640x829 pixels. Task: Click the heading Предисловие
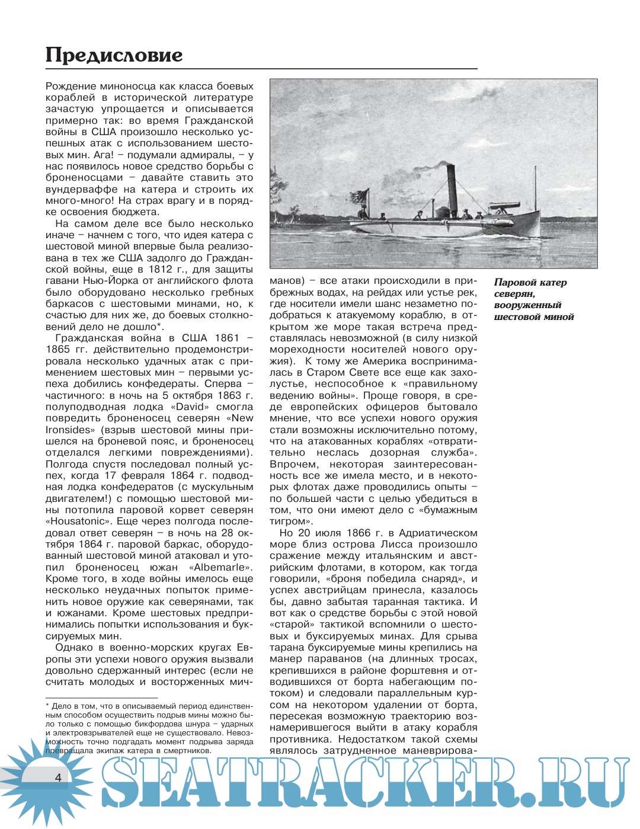(114, 55)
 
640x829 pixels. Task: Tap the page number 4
(58, 777)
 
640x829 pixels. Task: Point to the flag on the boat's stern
(359, 198)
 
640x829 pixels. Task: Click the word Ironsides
(68, 430)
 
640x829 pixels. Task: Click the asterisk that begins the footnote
(48, 705)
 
